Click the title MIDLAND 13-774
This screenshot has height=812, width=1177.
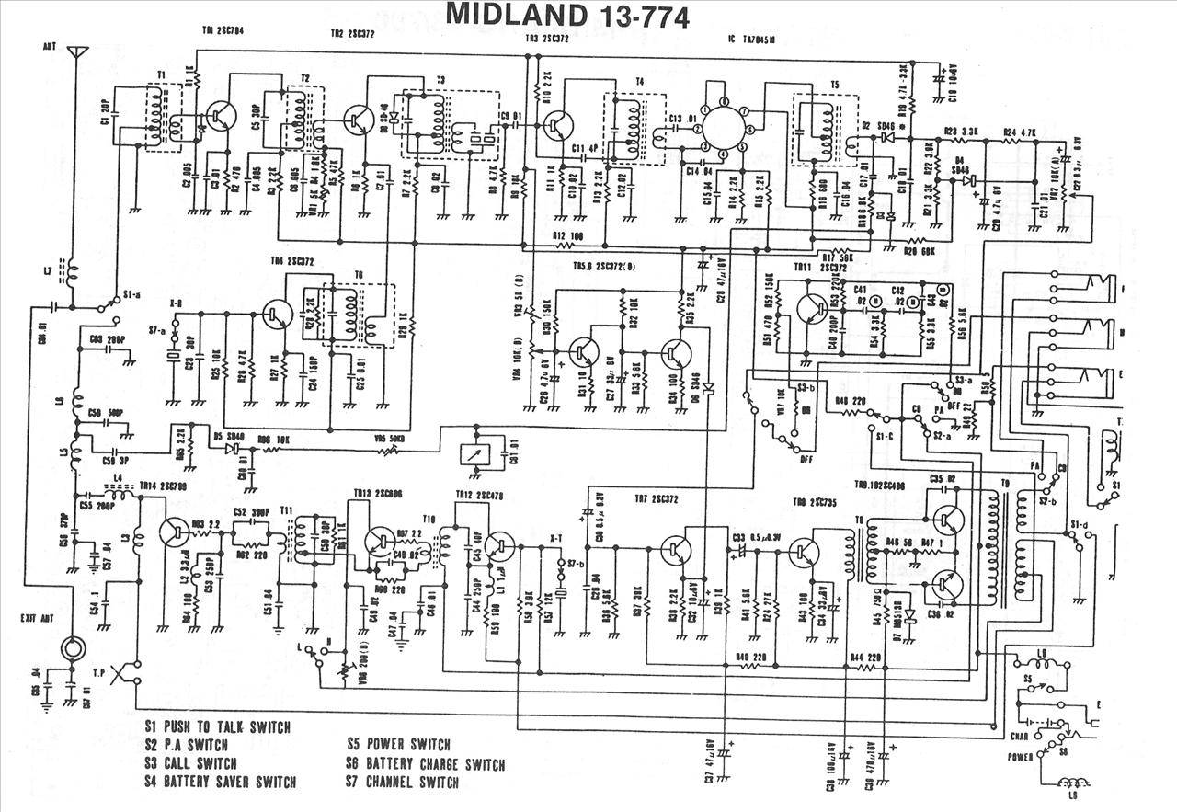[x=567, y=16]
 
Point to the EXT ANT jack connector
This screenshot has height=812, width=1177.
[x=71, y=646]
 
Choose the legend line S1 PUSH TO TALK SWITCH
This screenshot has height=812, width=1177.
[x=218, y=726]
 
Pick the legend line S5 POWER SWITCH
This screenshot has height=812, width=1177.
[x=398, y=744]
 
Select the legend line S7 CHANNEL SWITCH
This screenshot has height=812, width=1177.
[x=402, y=783]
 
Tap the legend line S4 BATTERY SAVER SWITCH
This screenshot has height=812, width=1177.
[x=221, y=783]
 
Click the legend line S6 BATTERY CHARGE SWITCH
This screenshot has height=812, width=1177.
[x=425, y=763]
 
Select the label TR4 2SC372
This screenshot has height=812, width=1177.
[x=293, y=261]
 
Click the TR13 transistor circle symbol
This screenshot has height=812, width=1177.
[x=380, y=541]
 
